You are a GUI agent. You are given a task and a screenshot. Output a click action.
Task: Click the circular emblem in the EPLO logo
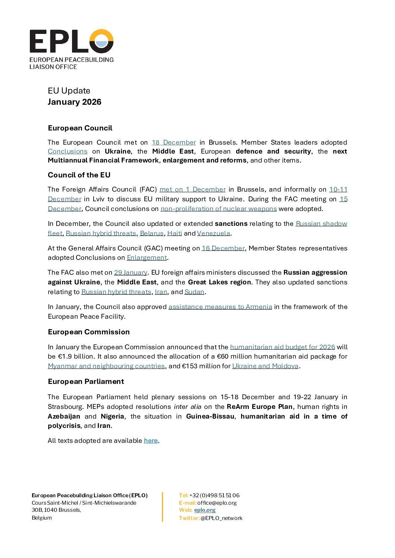coord(101,41)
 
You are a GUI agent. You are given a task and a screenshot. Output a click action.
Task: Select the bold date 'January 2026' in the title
coord(75,102)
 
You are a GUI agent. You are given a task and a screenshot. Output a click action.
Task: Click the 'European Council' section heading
coord(80,128)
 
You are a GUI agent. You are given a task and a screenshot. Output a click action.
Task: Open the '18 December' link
coord(174,142)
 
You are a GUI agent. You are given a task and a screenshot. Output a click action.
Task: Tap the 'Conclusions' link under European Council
coord(68,151)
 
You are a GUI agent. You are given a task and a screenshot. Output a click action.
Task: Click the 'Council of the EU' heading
coord(79,175)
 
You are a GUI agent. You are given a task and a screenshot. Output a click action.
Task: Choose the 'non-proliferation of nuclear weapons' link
coord(219,209)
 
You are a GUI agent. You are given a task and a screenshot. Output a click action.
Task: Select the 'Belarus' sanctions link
coord(152,233)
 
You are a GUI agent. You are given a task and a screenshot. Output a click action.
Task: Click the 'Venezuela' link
coord(214,233)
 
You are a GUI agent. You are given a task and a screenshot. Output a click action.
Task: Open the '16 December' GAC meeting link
coord(223,248)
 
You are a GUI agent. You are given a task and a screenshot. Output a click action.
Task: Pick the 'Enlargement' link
coord(147,258)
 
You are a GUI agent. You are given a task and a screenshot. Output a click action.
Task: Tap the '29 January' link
coord(131,272)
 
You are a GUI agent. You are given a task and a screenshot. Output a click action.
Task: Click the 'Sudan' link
coord(194,292)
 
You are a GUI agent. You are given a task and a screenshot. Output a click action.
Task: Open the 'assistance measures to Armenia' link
coord(220,307)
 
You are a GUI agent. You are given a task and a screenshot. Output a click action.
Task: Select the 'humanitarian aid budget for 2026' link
coord(282,347)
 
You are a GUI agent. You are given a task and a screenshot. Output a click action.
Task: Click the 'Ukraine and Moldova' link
coord(265,366)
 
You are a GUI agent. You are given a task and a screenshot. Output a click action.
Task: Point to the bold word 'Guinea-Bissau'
coord(210,416)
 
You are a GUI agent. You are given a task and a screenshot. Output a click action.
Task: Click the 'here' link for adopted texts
coord(151,441)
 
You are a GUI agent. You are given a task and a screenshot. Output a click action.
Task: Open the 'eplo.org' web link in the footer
coord(205,510)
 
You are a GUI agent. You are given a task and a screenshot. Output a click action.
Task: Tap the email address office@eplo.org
coord(217,503)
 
